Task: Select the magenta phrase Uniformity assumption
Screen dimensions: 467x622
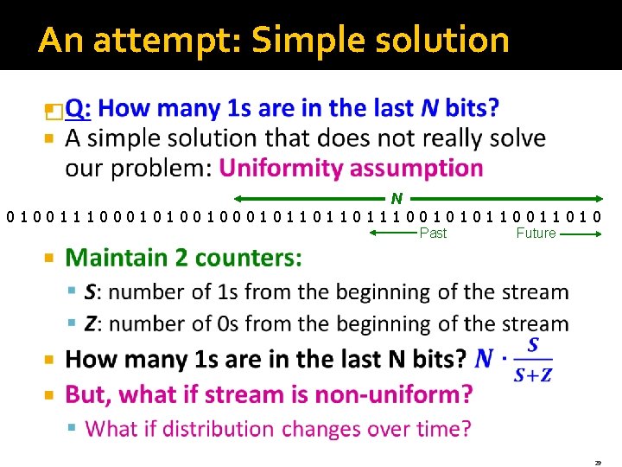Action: click(351, 167)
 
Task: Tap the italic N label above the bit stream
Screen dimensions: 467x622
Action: click(397, 199)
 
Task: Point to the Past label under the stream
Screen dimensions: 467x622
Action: click(433, 233)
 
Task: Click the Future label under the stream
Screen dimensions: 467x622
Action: click(536, 233)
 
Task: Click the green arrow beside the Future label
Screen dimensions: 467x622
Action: click(581, 233)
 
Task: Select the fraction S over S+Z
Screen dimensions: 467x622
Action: click(532, 360)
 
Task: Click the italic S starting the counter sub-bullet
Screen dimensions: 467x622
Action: click(90, 292)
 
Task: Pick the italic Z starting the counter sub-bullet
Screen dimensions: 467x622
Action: click(90, 324)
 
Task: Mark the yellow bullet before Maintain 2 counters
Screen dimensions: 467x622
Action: click(49, 259)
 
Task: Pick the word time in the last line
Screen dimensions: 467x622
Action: click(437, 428)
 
